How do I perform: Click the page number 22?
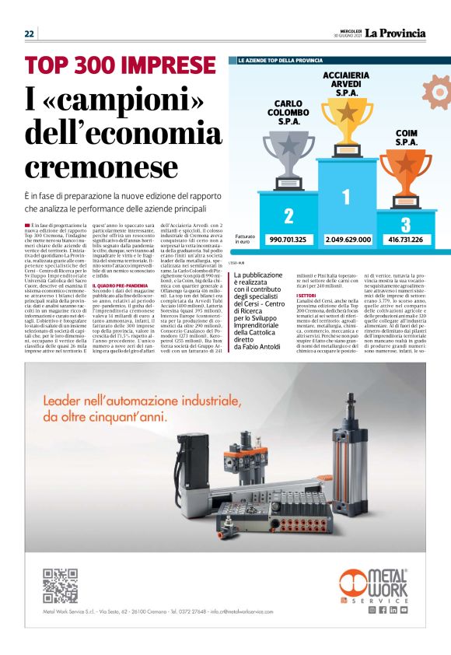click(30, 33)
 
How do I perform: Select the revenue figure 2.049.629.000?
click(348, 240)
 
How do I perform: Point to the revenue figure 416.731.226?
click(406, 240)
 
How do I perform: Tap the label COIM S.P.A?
click(406, 138)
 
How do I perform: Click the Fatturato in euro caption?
click(245, 240)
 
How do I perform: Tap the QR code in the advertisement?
click(59, 586)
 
